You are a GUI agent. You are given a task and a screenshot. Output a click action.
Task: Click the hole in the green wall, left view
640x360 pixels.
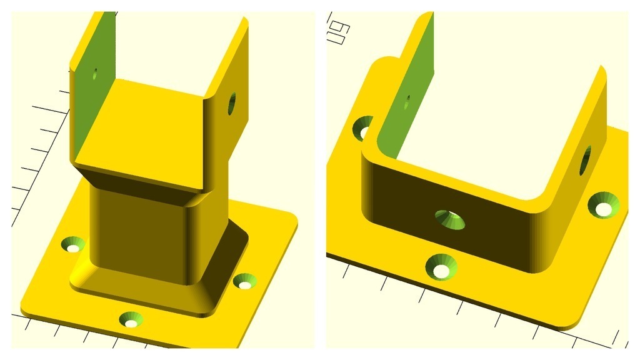[94, 75]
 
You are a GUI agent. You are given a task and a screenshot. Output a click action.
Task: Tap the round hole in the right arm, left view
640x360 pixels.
[232, 103]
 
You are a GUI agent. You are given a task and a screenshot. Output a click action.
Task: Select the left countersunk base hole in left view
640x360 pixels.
[75, 244]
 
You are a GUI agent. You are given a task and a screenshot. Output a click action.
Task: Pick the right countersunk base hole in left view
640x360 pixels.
[244, 282]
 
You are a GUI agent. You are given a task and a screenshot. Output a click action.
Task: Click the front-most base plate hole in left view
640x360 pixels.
[131, 320]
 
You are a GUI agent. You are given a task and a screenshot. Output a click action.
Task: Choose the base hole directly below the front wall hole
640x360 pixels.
[441, 267]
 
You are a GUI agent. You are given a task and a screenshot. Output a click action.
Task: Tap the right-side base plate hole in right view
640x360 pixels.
[606, 206]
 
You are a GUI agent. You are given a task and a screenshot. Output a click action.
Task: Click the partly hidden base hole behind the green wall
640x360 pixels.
[362, 128]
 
